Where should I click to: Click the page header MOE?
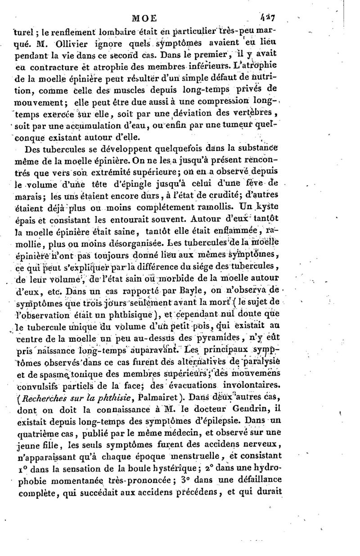144,18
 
